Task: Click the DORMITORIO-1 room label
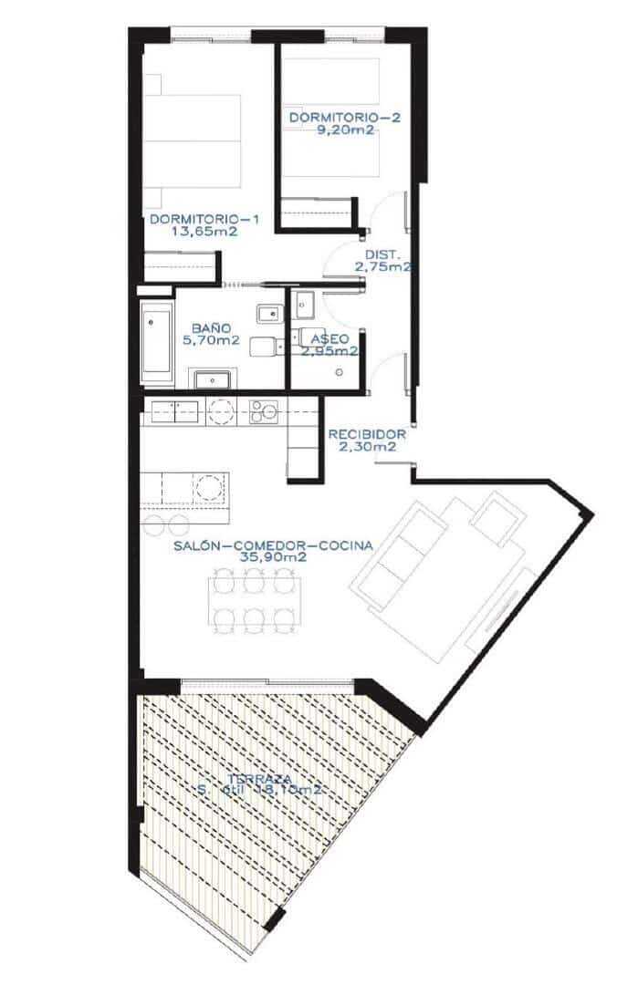[x=205, y=220]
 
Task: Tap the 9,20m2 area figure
[x=333, y=130]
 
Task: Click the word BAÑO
[x=210, y=328]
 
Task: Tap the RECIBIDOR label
[x=367, y=434]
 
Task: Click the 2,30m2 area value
[x=367, y=447]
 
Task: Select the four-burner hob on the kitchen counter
[x=264, y=412]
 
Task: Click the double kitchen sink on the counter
[x=175, y=411]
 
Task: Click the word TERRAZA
[x=260, y=780]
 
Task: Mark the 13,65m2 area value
[x=205, y=232]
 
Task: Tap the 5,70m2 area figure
[x=211, y=340]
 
